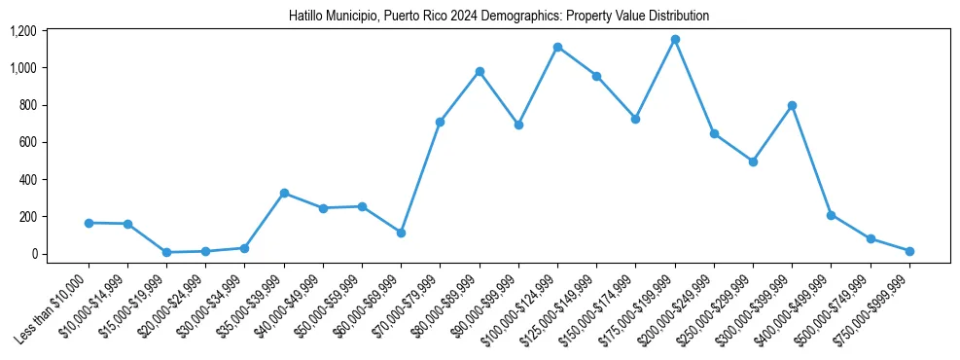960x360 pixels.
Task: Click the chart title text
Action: pos(499,17)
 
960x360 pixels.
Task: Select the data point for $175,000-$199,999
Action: pos(675,40)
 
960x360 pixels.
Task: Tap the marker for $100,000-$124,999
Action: pos(557,47)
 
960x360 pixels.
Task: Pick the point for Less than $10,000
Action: pos(89,223)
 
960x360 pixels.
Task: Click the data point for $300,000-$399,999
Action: pos(792,105)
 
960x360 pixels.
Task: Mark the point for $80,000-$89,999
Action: pos(480,71)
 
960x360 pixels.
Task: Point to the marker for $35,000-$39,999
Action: pos(284,193)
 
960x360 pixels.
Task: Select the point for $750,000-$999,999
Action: pos(909,251)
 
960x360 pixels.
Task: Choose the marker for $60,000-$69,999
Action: pos(401,233)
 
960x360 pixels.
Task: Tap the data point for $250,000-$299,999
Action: pos(753,162)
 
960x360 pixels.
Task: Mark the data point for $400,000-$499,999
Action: pos(831,215)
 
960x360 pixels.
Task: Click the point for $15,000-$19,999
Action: pos(166,252)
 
